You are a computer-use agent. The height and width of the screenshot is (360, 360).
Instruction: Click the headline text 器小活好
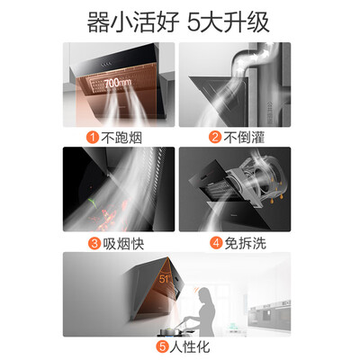click(x=133, y=22)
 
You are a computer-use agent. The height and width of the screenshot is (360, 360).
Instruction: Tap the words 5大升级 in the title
click(x=229, y=22)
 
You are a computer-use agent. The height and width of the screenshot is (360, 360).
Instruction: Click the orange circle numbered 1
click(x=93, y=138)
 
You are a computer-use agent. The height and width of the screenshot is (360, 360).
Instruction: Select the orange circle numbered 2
click(x=215, y=137)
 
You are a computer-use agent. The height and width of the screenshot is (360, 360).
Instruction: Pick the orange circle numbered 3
click(x=94, y=243)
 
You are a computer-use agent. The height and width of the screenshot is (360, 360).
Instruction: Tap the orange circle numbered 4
click(x=216, y=243)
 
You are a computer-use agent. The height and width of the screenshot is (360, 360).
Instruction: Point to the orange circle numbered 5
click(x=162, y=347)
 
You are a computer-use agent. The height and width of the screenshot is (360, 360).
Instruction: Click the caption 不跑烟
click(x=121, y=138)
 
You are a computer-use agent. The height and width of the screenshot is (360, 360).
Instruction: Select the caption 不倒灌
click(x=244, y=138)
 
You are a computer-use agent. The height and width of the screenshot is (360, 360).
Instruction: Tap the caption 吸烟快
click(x=123, y=243)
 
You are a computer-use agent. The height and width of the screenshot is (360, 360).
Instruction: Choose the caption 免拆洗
click(x=246, y=243)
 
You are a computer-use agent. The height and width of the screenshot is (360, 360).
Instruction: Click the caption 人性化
click(x=190, y=347)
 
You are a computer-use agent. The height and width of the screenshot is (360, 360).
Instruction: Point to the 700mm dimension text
click(x=118, y=83)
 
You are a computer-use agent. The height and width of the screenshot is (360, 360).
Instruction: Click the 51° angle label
click(x=165, y=279)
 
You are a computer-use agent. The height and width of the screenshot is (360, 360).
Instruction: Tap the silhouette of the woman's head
click(x=203, y=294)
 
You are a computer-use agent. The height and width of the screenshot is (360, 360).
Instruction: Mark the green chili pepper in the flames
click(x=93, y=202)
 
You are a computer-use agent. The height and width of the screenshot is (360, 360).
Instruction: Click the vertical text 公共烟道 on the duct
click(x=270, y=113)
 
